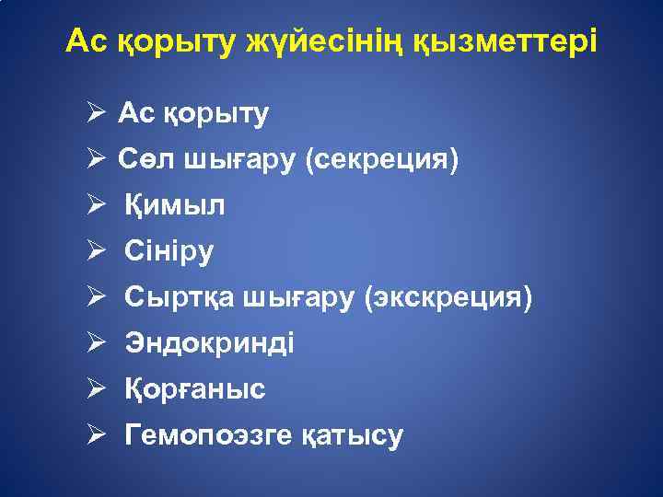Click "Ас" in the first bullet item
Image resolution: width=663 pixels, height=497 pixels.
[x=134, y=114]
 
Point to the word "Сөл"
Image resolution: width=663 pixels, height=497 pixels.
[x=141, y=160]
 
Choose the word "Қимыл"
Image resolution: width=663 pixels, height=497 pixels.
[x=175, y=206]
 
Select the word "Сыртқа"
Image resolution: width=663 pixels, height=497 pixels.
[x=180, y=298]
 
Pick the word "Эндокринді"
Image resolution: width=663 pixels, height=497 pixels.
[x=210, y=344]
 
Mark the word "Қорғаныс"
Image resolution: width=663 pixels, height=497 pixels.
[x=195, y=389]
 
